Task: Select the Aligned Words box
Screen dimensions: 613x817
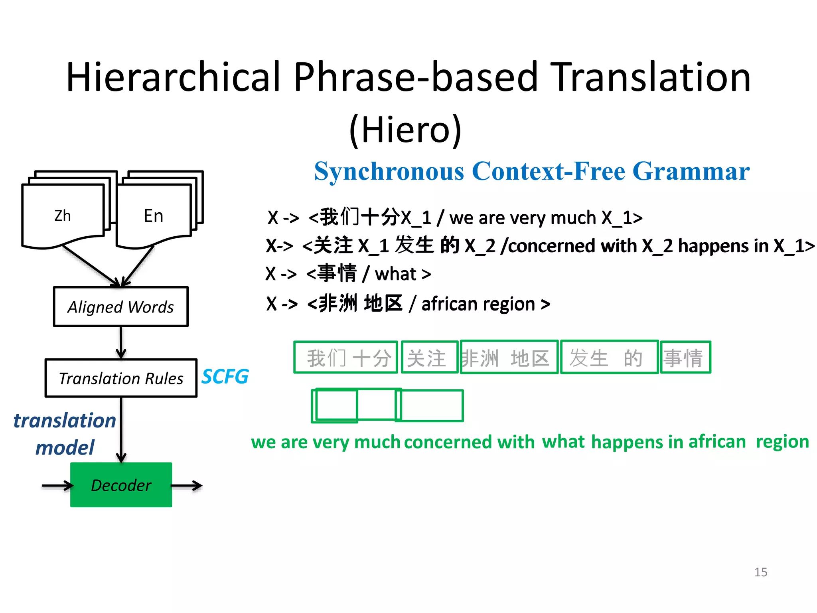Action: [120, 306]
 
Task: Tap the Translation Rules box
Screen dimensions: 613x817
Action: [121, 378]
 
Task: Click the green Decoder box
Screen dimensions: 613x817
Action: [121, 485]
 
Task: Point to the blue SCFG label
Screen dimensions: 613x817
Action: [225, 377]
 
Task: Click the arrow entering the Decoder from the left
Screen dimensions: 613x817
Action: [57, 485]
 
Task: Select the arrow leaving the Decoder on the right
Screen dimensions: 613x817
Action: [187, 485]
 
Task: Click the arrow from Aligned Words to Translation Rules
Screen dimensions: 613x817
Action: [121, 342]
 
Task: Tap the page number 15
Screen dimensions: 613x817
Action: [760, 572]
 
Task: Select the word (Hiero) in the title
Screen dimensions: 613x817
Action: [405, 129]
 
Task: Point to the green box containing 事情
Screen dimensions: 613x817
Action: [685, 357]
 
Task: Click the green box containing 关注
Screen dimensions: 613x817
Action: [429, 357]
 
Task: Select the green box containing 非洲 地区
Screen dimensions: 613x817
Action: [509, 357]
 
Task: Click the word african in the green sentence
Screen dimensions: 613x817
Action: [717, 441]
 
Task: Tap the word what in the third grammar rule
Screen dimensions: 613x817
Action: [395, 274]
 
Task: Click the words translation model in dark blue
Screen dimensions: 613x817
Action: [65, 434]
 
